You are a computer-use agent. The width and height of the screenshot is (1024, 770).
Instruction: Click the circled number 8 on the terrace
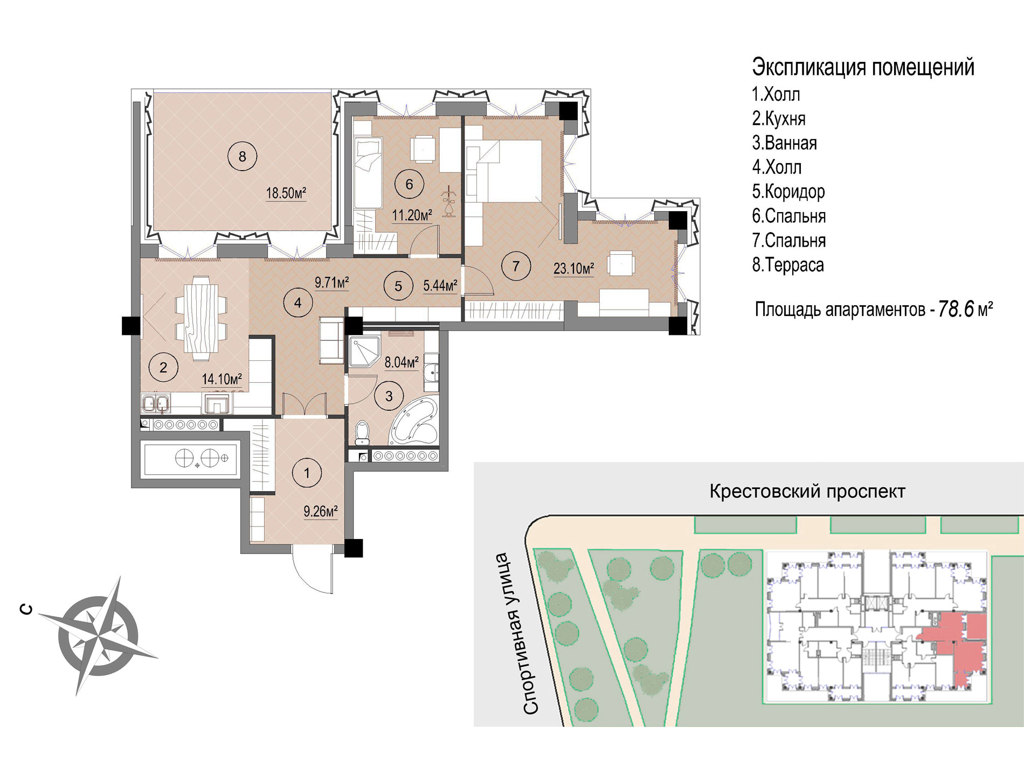click(242, 156)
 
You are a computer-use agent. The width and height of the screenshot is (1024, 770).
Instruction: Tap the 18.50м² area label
click(286, 193)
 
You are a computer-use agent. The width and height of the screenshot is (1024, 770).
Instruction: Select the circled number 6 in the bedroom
click(409, 184)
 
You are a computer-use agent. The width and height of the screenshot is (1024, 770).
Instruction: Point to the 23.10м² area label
click(573, 268)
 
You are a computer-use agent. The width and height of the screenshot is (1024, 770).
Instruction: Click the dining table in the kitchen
click(201, 318)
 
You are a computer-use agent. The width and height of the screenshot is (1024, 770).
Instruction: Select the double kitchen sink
click(156, 403)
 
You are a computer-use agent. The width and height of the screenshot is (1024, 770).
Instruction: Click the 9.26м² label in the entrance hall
click(321, 511)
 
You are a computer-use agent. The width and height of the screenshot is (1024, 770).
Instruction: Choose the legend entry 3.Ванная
click(785, 143)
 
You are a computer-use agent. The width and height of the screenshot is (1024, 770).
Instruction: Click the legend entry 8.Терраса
click(788, 265)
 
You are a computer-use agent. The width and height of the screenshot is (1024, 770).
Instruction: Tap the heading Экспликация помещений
click(863, 67)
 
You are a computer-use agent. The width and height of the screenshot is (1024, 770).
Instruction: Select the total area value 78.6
click(956, 309)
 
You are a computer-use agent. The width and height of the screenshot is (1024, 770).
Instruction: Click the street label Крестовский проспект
click(807, 491)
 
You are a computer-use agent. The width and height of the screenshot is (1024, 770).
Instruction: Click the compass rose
click(98, 636)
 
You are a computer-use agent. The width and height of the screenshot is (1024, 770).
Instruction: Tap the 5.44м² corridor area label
click(440, 285)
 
